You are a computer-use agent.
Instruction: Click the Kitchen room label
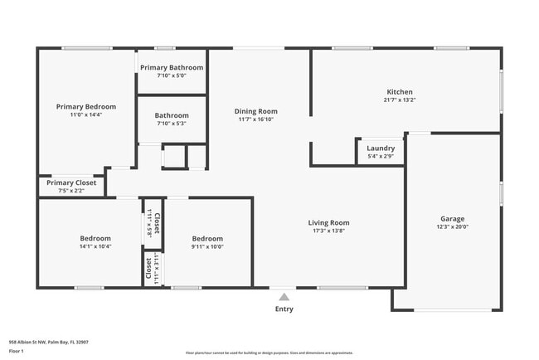point(400,92)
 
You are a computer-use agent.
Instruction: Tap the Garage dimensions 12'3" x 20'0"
point(453,227)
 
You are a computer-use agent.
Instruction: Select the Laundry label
point(381,148)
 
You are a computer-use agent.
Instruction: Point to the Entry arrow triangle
point(284,296)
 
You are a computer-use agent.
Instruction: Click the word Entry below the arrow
point(284,309)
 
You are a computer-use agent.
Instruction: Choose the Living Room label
point(328,222)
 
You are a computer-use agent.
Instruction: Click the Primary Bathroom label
point(172,67)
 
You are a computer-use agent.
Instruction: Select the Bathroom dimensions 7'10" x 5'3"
point(172,124)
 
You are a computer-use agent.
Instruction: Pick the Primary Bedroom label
point(86,106)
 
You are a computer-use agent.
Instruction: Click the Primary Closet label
point(71,182)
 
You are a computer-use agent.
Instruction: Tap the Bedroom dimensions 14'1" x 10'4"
point(95,246)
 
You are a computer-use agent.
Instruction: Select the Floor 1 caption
point(17,352)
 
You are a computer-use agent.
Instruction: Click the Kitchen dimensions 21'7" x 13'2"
point(400,100)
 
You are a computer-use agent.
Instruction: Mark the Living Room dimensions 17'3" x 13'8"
point(328,231)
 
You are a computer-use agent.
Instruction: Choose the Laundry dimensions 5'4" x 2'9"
point(381,156)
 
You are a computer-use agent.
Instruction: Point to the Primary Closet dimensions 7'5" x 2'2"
point(71,191)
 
